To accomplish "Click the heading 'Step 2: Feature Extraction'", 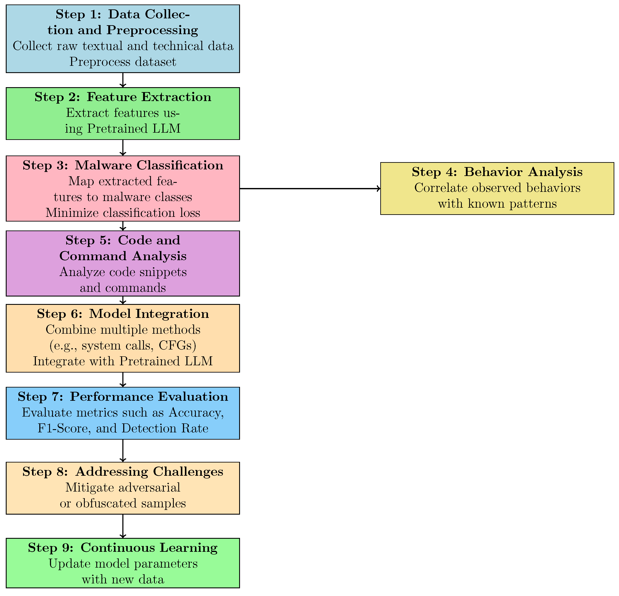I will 123,97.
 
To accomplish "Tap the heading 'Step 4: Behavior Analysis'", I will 497,172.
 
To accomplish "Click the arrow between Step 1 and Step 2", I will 123,80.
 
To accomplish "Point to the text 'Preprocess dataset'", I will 123,62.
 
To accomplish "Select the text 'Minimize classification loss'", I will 123,213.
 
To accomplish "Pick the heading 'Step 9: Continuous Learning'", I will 123,548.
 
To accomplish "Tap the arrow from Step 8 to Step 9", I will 123,526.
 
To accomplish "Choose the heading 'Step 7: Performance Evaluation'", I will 123,397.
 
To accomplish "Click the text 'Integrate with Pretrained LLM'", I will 123,361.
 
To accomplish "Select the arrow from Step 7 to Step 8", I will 123,451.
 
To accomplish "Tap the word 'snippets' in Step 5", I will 166,272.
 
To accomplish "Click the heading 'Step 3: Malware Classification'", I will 123,165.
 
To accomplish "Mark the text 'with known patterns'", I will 497,204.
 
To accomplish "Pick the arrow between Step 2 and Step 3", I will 123,148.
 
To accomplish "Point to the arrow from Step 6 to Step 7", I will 123,380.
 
